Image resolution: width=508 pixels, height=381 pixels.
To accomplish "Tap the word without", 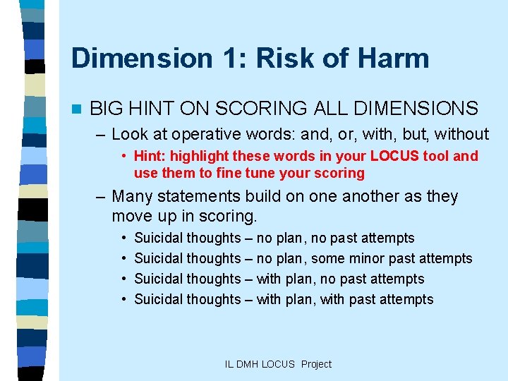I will (x=462, y=134).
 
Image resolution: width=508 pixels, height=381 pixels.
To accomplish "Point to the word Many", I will (x=133, y=196).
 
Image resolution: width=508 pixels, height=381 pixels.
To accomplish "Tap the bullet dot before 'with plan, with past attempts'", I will (x=123, y=299).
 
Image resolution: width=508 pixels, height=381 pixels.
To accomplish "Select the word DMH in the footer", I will (x=248, y=364).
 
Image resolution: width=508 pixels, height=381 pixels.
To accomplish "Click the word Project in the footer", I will (x=316, y=364).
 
